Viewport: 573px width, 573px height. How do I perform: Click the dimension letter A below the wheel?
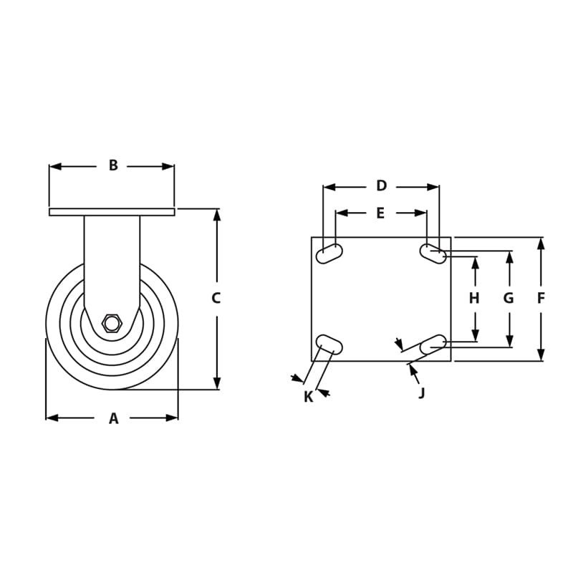[x=113, y=419]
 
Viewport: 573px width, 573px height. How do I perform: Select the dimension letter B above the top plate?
[x=113, y=165]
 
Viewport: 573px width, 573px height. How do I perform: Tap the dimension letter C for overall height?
[x=216, y=299]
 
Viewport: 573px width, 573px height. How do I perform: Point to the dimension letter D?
[x=381, y=186]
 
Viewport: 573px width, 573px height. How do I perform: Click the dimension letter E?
[x=380, y=213]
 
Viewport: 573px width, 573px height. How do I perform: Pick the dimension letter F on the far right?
[x=541, y=299]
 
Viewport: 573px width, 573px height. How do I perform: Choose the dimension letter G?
[x=509, y=299]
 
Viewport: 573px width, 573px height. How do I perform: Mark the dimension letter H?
[x=474, y=299]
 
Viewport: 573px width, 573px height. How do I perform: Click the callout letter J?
[x=422, y=393]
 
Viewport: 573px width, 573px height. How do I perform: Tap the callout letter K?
[x=308, y=397]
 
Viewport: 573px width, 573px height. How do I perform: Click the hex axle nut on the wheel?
[x=111, y=323]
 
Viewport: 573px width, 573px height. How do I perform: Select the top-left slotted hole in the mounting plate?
[x=329, y=254]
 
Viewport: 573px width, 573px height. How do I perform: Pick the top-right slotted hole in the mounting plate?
[x=433, y=254]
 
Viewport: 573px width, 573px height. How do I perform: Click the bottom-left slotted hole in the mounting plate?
[x=329, y=345]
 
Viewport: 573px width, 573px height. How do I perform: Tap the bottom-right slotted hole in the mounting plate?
[x=433, y=345]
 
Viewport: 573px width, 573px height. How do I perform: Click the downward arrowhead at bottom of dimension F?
[x=541, y=355]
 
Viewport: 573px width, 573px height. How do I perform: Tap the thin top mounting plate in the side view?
[x=112, y=211]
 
